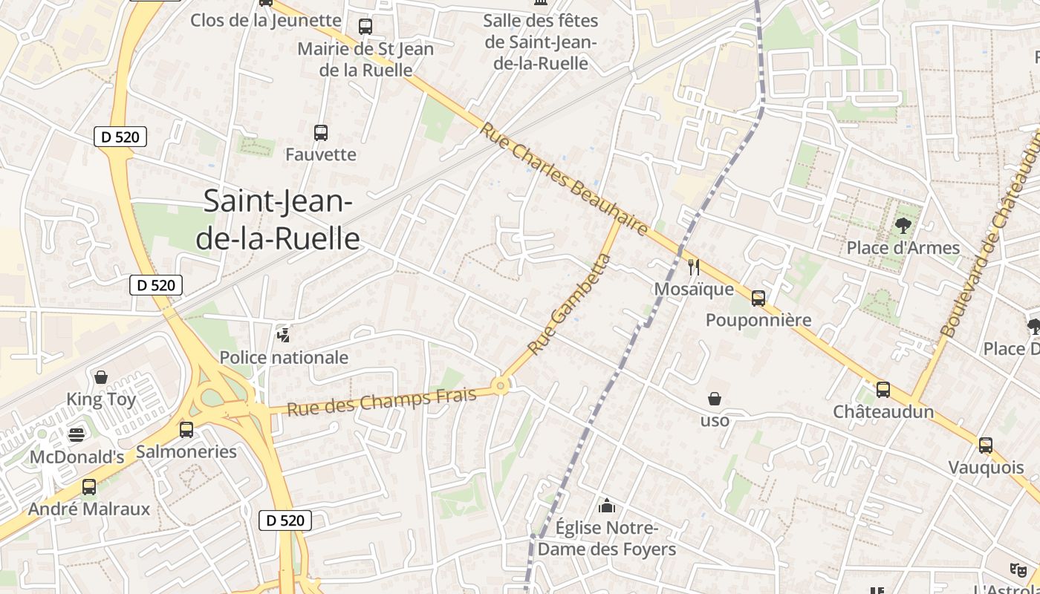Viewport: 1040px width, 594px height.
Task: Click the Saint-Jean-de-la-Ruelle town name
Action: (x=282, y=220)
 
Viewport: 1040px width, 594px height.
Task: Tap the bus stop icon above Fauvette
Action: (x=321, y=133)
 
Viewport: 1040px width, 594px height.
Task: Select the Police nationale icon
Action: (x=283, y=335)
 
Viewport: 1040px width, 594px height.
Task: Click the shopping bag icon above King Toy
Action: (x=101, y=377)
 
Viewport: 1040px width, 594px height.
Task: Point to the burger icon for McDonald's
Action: (x=77, y=434)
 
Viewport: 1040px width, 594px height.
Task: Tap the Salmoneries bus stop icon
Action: (x=186, y=429)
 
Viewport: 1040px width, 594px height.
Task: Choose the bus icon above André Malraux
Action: (x=89, y=487)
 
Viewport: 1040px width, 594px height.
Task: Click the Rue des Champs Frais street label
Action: (x=381, y=402)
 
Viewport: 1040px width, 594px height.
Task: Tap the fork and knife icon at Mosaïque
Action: (x=694, y=267)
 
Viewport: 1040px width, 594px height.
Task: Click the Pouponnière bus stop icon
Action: (x=758, y=298)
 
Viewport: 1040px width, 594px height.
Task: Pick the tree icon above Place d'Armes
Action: (x=903, y=226)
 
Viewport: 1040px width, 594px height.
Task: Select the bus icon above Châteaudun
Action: (x=883, y=389)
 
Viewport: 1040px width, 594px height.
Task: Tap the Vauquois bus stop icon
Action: (x=986, y=446)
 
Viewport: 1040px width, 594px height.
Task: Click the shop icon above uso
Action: (x=715, y=399)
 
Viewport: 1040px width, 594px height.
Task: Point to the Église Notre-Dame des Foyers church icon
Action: (x=607, y=506)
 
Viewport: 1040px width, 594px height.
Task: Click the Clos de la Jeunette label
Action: (x=266, y=20)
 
